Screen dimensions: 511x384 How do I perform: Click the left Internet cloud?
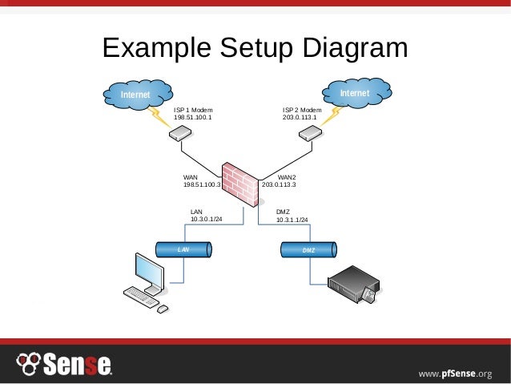(137, 95)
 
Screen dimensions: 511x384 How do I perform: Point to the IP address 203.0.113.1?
(300, 117)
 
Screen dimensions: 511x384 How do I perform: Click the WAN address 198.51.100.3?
(202, 184)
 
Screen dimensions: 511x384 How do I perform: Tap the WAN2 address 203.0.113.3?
(279, 184)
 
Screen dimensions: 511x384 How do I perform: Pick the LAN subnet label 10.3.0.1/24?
(206, 219)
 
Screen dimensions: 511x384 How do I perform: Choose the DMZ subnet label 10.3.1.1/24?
(292, 220)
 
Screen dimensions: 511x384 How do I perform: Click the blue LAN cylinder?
(183, 250)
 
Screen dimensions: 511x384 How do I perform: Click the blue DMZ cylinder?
(309, 251)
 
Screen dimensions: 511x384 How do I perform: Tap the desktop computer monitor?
(150, 272)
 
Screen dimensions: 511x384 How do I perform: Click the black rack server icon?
(353, 285)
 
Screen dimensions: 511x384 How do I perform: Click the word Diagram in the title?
(352, 49)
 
